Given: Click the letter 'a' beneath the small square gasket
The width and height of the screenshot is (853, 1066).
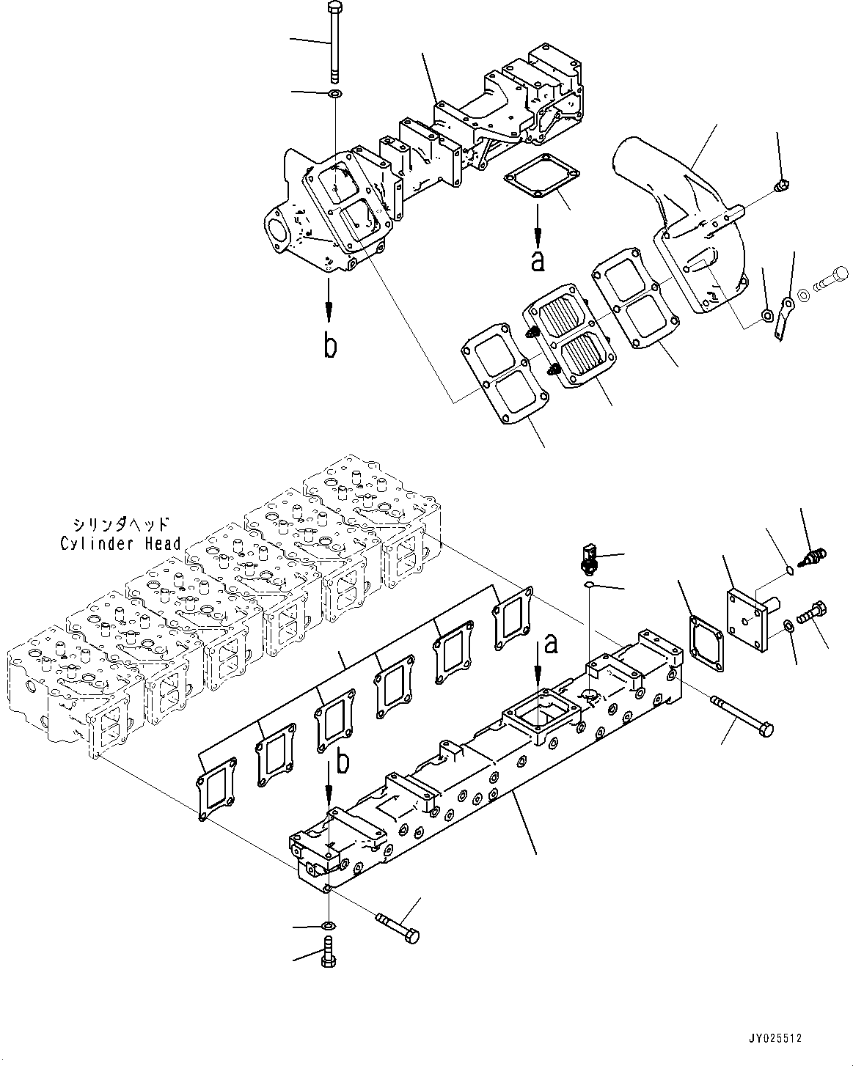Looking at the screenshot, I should [x=538, y=260].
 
